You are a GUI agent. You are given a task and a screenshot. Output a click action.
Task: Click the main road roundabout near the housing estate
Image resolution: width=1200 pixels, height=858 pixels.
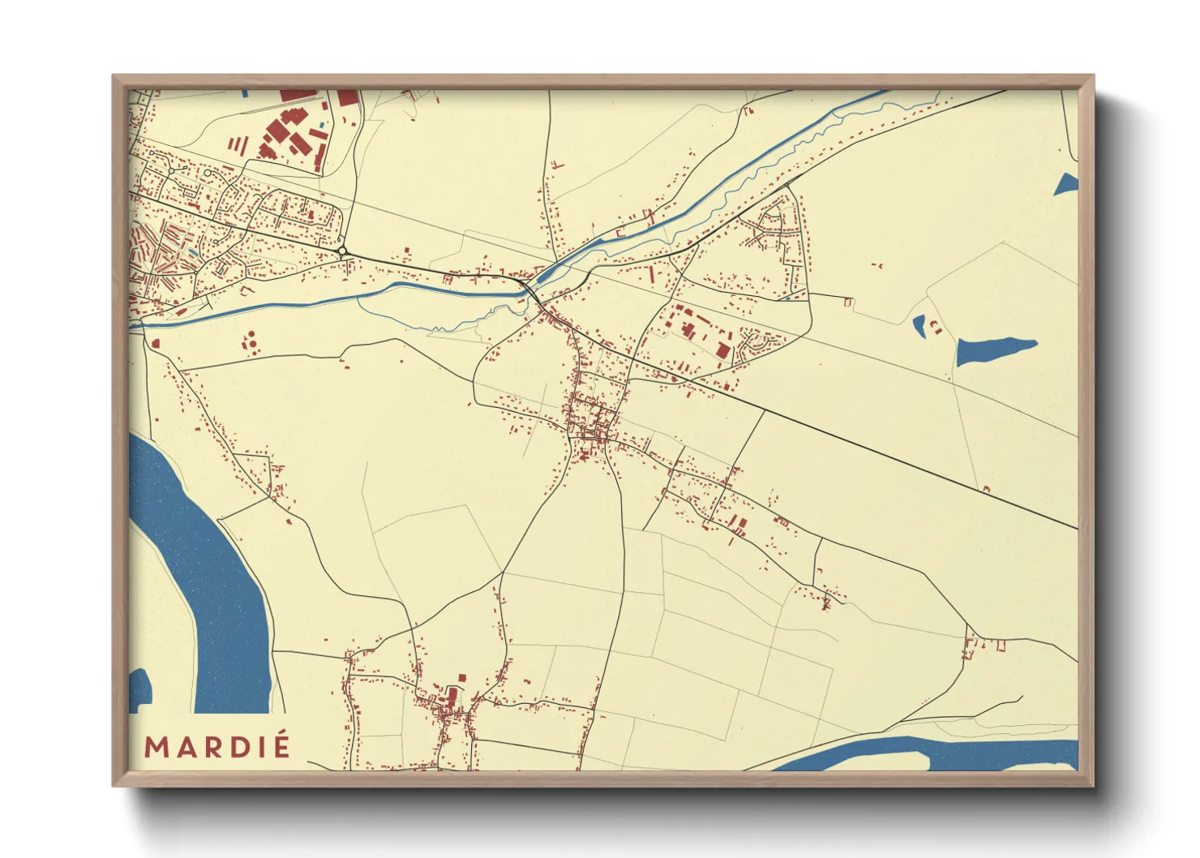[343, 251]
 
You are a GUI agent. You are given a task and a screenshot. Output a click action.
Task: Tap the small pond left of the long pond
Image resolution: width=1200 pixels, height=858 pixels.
[919, 326]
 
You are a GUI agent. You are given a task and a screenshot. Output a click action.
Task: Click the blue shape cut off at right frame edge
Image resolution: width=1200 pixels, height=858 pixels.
[1068, 185]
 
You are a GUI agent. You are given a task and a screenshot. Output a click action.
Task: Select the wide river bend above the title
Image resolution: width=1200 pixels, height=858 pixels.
[203, 568]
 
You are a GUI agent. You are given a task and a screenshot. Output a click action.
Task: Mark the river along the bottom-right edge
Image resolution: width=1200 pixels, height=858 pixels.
[932, 754]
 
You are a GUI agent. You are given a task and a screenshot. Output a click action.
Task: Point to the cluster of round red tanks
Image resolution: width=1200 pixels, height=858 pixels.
[251, 340]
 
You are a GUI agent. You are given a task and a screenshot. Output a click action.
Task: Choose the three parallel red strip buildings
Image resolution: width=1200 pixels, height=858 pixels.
[238, 144]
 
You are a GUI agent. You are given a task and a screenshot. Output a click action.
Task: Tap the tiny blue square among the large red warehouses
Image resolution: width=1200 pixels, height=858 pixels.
[323, 125]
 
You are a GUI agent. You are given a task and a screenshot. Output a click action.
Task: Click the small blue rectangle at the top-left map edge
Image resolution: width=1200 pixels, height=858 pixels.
[244, 94]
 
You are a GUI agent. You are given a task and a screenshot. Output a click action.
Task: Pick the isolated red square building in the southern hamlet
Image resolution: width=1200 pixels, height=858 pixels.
[463, 677]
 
